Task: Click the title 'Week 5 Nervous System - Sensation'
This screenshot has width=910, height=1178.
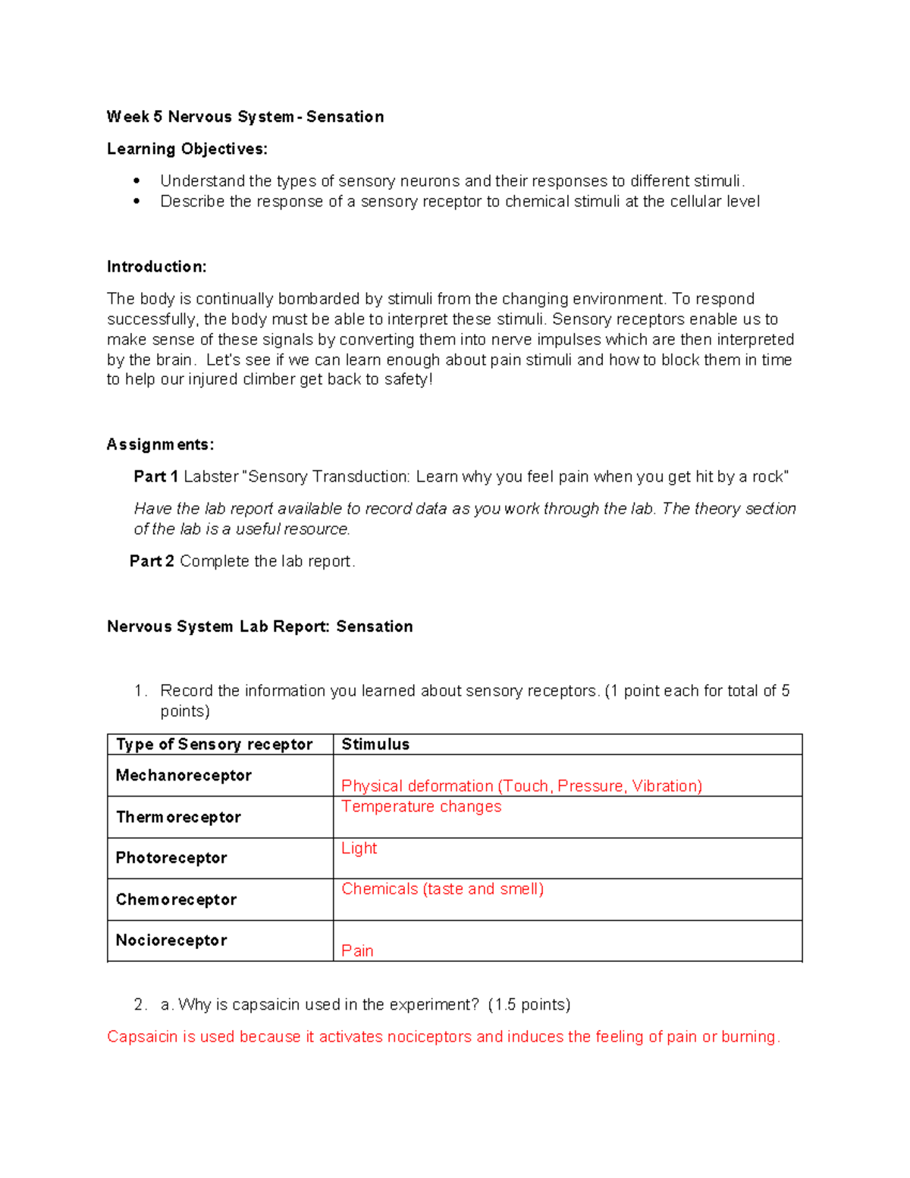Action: point(245,117)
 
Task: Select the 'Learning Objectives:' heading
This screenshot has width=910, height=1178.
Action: point(187,149)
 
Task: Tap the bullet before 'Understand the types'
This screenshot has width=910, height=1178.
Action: point(136,181)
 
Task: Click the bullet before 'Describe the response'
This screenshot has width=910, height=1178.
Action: point(136,202)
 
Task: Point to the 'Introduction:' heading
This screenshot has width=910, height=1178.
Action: point(156,267)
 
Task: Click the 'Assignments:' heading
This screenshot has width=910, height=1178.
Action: point(160,444)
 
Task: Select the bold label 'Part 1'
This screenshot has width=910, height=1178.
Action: point(155,476)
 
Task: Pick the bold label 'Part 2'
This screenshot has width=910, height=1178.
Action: point(152,561)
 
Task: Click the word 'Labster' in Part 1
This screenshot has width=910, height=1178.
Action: point(211,476)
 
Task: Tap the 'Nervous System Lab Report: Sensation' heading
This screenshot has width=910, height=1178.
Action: point(260,627)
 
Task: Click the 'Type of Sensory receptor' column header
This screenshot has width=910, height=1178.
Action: point(214,744)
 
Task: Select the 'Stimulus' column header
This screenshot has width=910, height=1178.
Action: point(375,744)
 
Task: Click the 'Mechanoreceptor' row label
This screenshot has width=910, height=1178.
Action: point(184,775)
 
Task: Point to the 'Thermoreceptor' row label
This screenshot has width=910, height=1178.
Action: point(178,817)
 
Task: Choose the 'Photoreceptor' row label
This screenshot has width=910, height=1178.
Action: point(171,858)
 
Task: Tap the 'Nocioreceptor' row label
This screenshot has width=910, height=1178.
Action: point(171,941)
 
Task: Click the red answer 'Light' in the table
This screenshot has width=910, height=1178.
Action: point(359,848)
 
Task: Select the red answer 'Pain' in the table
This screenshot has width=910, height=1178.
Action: point(357,951)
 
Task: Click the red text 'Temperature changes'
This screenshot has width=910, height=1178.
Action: point(421,806)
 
